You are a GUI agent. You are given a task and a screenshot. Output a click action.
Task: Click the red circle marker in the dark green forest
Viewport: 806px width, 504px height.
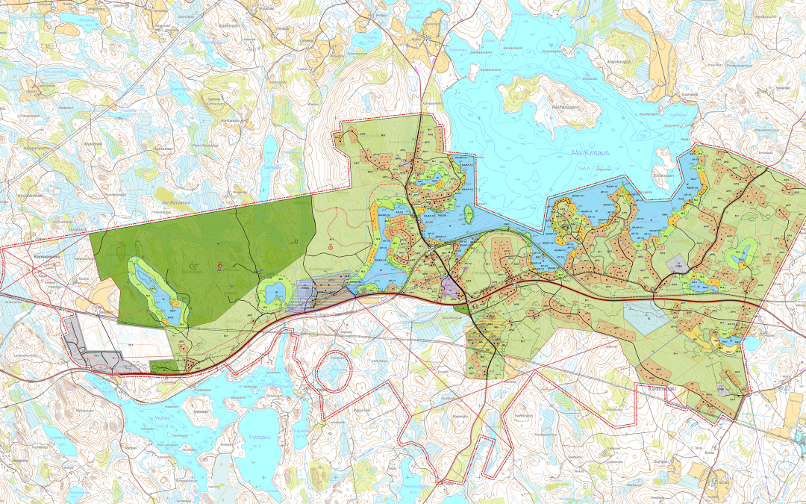[x=219, y=267]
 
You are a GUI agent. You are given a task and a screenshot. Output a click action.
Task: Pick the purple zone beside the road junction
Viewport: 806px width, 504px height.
[x=451, y=287]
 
